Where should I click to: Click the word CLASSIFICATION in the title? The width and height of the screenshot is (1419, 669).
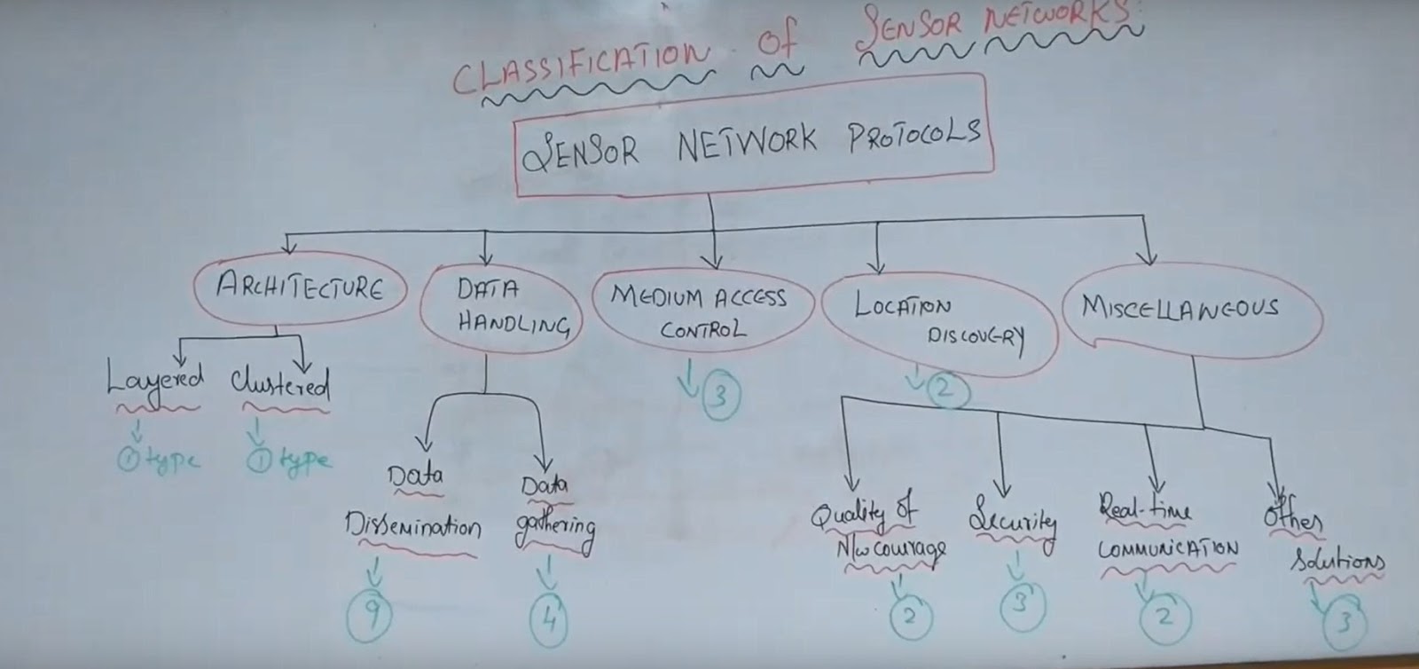581,66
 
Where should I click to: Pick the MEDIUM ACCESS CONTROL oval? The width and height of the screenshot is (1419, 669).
701,312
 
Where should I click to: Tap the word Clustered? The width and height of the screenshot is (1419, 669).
280,384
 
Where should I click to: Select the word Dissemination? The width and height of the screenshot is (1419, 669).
412,527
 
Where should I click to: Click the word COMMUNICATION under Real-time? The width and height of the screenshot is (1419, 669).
1168,549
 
